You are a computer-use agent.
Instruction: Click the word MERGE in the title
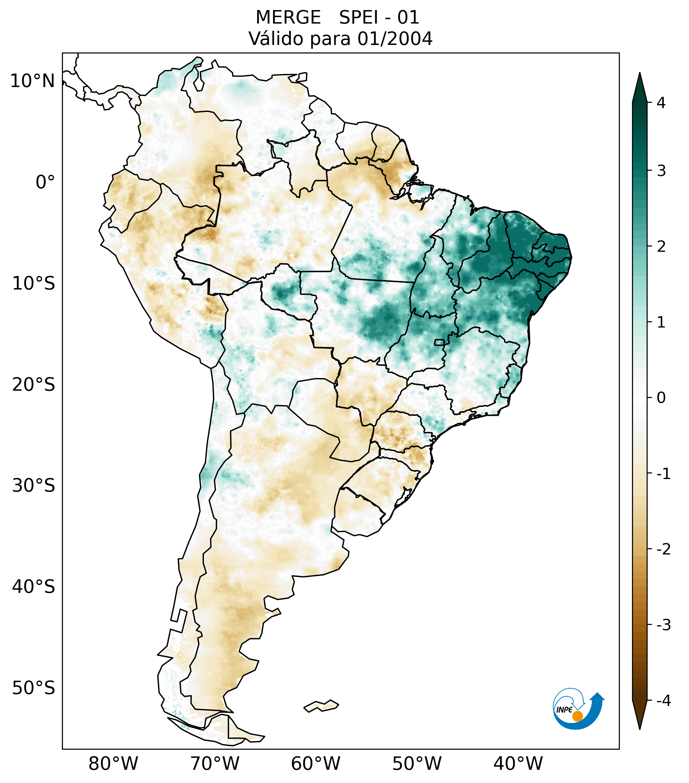point(288,18)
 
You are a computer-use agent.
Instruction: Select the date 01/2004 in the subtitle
point(395,39)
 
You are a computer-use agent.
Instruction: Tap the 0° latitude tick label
point(45,182)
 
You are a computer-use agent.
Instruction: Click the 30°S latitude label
point(34,486)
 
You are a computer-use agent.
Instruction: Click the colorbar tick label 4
point(661,103)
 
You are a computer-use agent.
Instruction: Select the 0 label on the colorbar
point(661,398)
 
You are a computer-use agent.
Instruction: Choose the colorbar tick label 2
point(661,247)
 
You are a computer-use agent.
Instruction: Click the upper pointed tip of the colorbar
point(640,75)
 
